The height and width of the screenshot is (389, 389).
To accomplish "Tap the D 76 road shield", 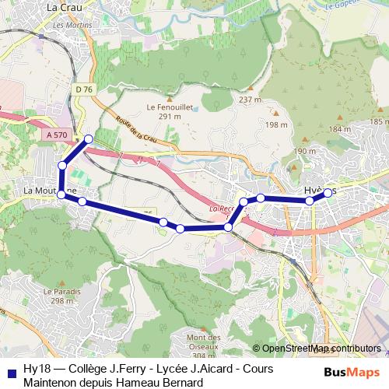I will pos(85,90).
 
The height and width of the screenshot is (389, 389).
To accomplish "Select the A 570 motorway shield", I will pos(57,135).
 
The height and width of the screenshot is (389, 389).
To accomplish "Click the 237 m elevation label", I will pos(250,100).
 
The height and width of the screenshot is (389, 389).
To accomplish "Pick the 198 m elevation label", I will pos(276,124).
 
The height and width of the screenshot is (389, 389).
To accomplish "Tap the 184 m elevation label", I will pos(340,129).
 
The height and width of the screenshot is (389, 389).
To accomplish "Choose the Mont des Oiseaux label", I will pos(205,342).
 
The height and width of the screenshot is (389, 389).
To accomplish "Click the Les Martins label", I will pos(69,25).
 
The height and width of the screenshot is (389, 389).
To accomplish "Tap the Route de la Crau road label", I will pos(135,129).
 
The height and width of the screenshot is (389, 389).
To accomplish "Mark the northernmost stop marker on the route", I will pos(89,139).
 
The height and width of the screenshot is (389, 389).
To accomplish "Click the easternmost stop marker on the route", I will pos(328,193).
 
